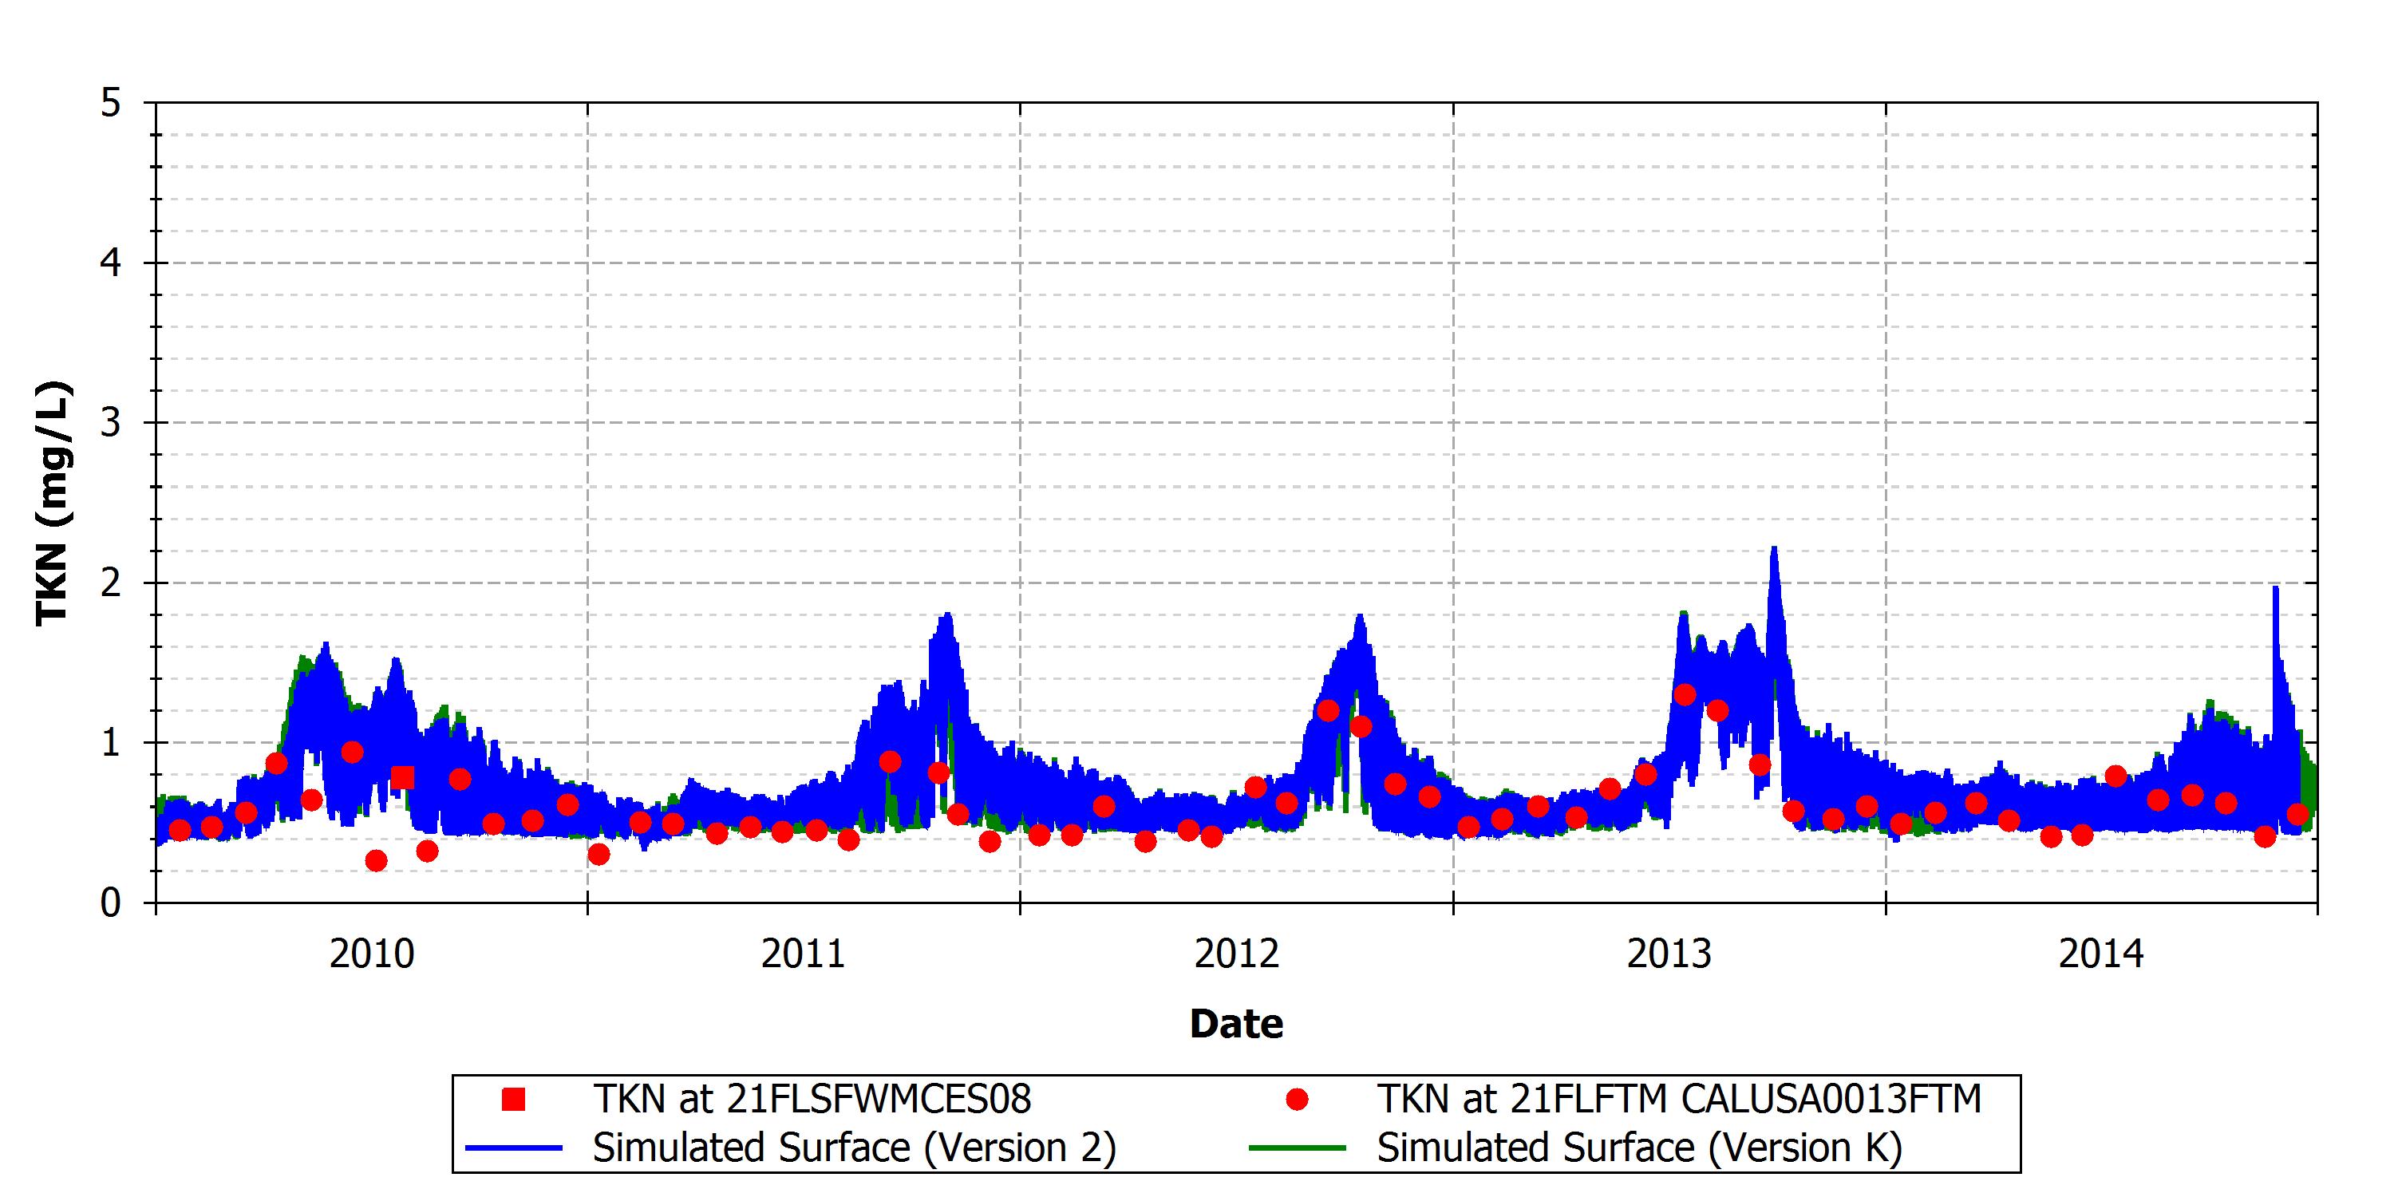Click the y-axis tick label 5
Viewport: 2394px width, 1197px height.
pyautogui.click(x=112, y=103)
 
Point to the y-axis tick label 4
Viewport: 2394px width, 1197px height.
pyautogui.click(x=112, y=263)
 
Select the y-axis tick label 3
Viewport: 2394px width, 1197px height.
pyautogui.click(x=112, y=423)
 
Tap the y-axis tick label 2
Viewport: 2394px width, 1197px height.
pyautogui.click(x=112, y=583)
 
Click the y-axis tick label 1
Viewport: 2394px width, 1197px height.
pyautogui.click(x=112, y=743)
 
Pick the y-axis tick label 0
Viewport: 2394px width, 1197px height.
pyautogui.click(x=112, y=903)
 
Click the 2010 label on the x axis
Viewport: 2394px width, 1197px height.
pyautogui.click(x=372, y=954)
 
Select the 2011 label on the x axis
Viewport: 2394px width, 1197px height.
pyautogui.click(x=804, y=954)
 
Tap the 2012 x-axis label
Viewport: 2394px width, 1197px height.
pyautogui.click(x=1237, y=954)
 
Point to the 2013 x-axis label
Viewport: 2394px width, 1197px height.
pyautogui.click(x=1669, y=954)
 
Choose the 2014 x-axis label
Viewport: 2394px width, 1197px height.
pyautogui.click(x=2101, y=954)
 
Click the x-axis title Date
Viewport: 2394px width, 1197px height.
pyautogui.click(x=1237, y=1023)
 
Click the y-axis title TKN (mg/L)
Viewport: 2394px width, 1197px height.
pyautogui.click(x=53, y=503)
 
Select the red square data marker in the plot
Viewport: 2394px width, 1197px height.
pyautogui.click(x=402, y=777)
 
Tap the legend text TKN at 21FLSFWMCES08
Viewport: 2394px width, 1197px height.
pyautogui.click(x=812, y=1100)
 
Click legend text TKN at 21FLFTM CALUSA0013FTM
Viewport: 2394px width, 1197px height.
pyautogui.click(x=1679, y=1100)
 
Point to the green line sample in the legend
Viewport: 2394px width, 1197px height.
pyautogui.click(x=1298, y=1148)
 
